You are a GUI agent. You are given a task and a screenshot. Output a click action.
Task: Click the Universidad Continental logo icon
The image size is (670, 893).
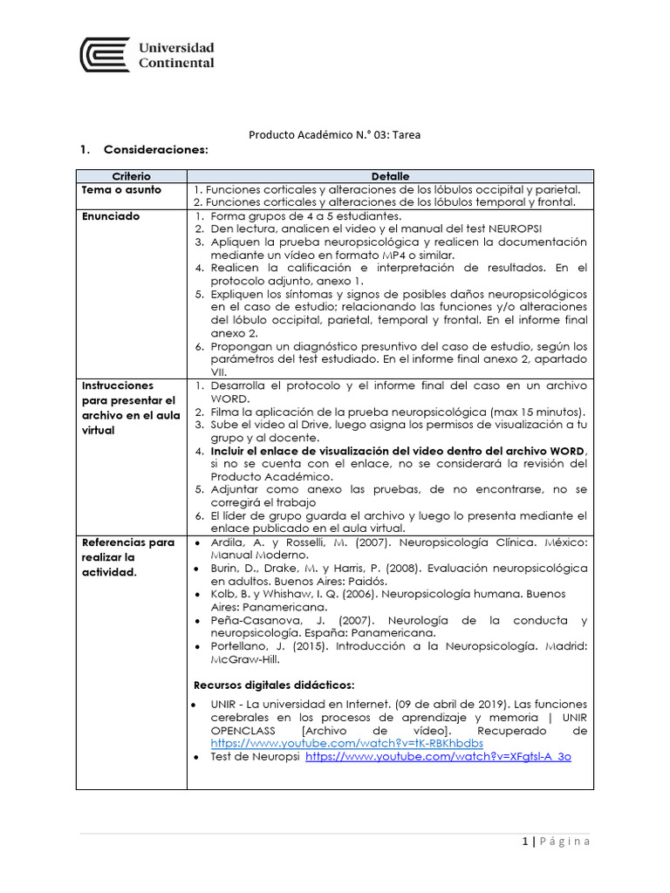(105, 55)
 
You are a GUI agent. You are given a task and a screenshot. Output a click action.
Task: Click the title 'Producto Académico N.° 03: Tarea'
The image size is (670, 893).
(334, 134)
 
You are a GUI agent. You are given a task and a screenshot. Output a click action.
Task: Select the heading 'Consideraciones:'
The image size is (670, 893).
(156, 150)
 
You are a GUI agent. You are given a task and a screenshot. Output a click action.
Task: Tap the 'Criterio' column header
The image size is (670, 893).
(131, 176)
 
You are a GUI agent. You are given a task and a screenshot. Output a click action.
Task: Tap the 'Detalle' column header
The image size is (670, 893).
(390, 176)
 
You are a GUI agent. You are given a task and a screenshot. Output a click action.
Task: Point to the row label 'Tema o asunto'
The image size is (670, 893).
(116, 189)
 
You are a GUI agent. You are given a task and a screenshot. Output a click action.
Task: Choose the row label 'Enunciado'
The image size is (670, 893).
(110, 215)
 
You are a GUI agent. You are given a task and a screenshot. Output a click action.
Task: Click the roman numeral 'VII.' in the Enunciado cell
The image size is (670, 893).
(220, 372)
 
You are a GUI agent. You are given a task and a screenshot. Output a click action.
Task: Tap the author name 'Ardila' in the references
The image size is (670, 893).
(229, 542)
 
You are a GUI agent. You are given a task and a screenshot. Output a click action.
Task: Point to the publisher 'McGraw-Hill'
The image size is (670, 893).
(243, 659)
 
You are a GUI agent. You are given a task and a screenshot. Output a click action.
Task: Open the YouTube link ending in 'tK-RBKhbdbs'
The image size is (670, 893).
(346, 743)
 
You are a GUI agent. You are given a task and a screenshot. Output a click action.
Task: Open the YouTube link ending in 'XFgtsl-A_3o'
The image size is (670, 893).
(437, 757)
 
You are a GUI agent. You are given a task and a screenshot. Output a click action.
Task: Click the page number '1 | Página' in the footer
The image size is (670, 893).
(556, 842)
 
